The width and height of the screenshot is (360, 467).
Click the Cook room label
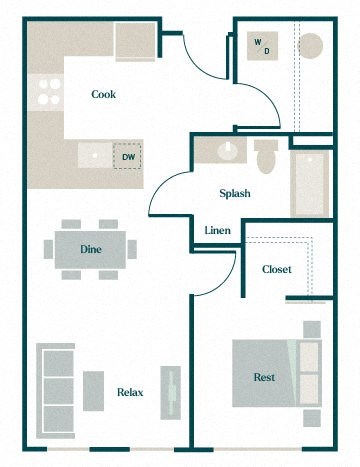pos(103,95)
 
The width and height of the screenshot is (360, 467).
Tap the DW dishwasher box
pos(128,157)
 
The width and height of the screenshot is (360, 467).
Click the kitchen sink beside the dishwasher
pos(94,155)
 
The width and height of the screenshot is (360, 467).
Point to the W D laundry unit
pos(263,46)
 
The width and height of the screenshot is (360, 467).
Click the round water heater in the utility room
pos(311,47)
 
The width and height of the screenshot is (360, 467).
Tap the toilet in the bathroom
pos(266,157)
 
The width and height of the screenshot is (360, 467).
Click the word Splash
pos(235,194)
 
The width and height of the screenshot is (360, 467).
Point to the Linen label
pos(218,231)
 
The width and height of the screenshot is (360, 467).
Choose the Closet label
pos(276,269)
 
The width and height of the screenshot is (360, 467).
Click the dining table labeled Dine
pos(91,248)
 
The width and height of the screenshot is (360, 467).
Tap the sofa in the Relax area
pos(54,389)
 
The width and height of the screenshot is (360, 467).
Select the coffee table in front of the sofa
pos(93,390)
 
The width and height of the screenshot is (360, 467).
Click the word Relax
pos(130,392)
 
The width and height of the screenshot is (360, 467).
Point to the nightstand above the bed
pos(312,329)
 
